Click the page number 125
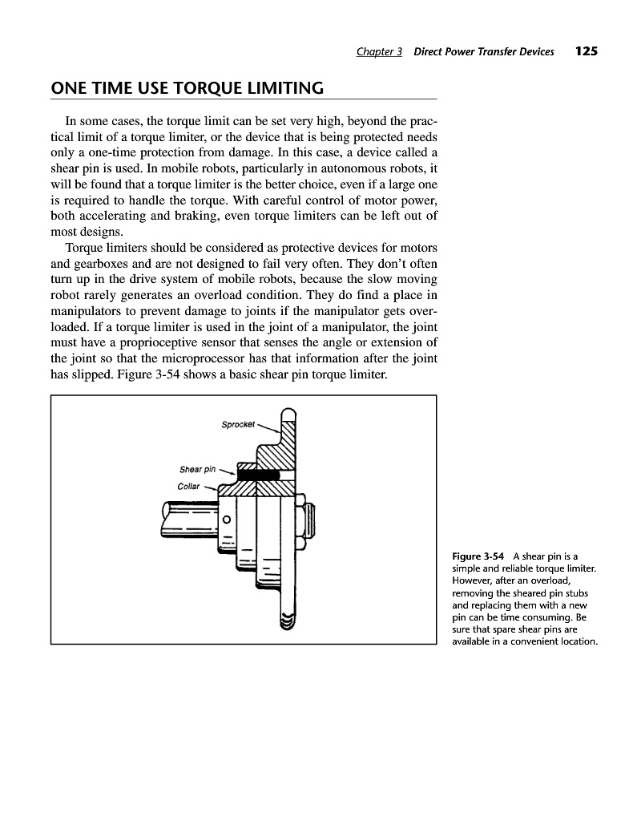coord(587,51)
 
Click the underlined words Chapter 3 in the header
coord(379,52)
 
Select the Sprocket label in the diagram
coord(238,425)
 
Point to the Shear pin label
coord(198,469)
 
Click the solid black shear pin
coord(258,474)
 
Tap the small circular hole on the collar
coord(227,519)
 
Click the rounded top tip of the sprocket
coord(288,414)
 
